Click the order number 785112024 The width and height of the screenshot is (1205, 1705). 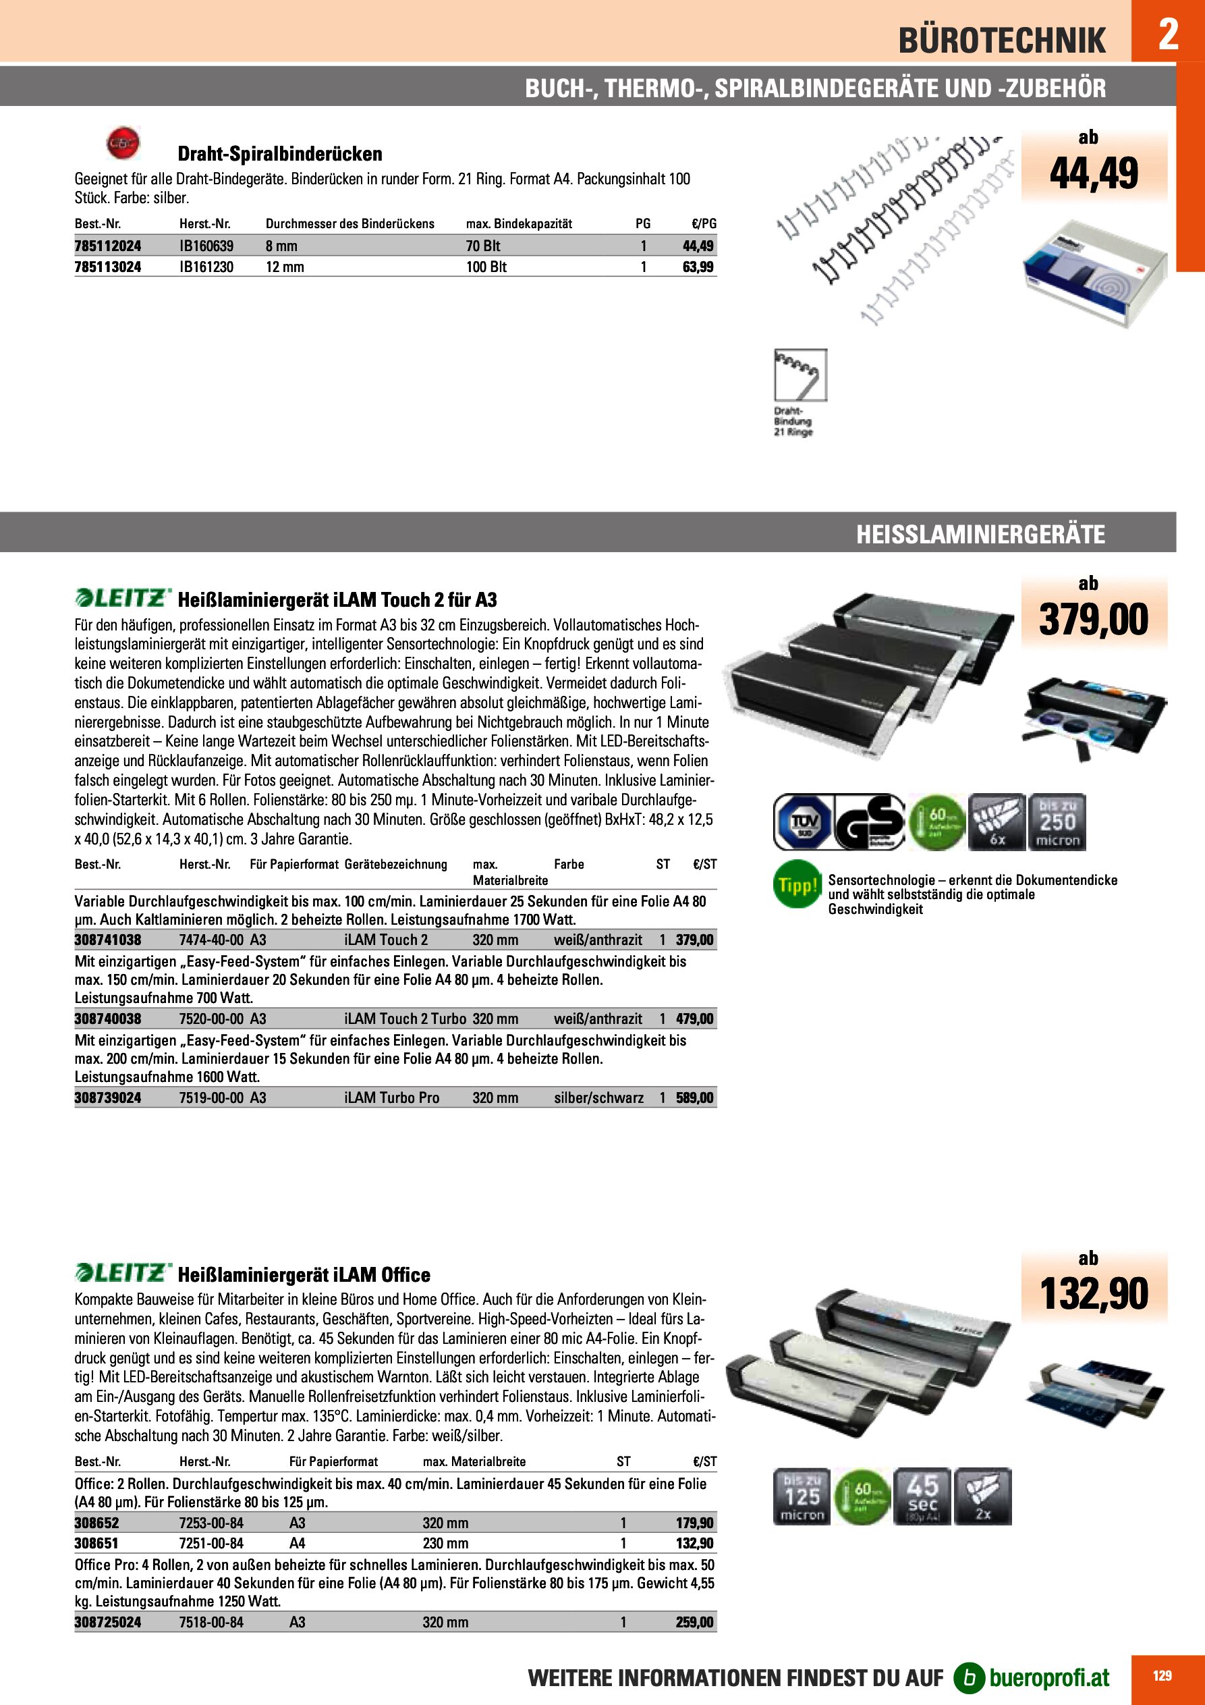108,246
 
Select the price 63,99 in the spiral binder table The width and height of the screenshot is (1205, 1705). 698,267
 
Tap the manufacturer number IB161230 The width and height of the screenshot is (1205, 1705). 206,267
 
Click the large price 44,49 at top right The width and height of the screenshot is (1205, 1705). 1093,173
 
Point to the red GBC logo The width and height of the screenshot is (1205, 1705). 123,142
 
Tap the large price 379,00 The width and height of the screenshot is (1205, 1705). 1093,620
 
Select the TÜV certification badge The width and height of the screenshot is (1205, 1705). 803,821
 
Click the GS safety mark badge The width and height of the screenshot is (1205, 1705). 870,821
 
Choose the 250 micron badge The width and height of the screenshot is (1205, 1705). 1057,821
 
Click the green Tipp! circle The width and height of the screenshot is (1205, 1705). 797,884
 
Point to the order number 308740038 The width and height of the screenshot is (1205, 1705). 108,1019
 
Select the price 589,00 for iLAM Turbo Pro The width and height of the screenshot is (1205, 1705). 694,1098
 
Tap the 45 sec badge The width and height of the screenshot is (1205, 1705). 922,1496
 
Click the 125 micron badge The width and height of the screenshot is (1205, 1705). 802,1496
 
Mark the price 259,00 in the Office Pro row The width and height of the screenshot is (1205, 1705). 694,1622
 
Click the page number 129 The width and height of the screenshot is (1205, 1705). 1162,1676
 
